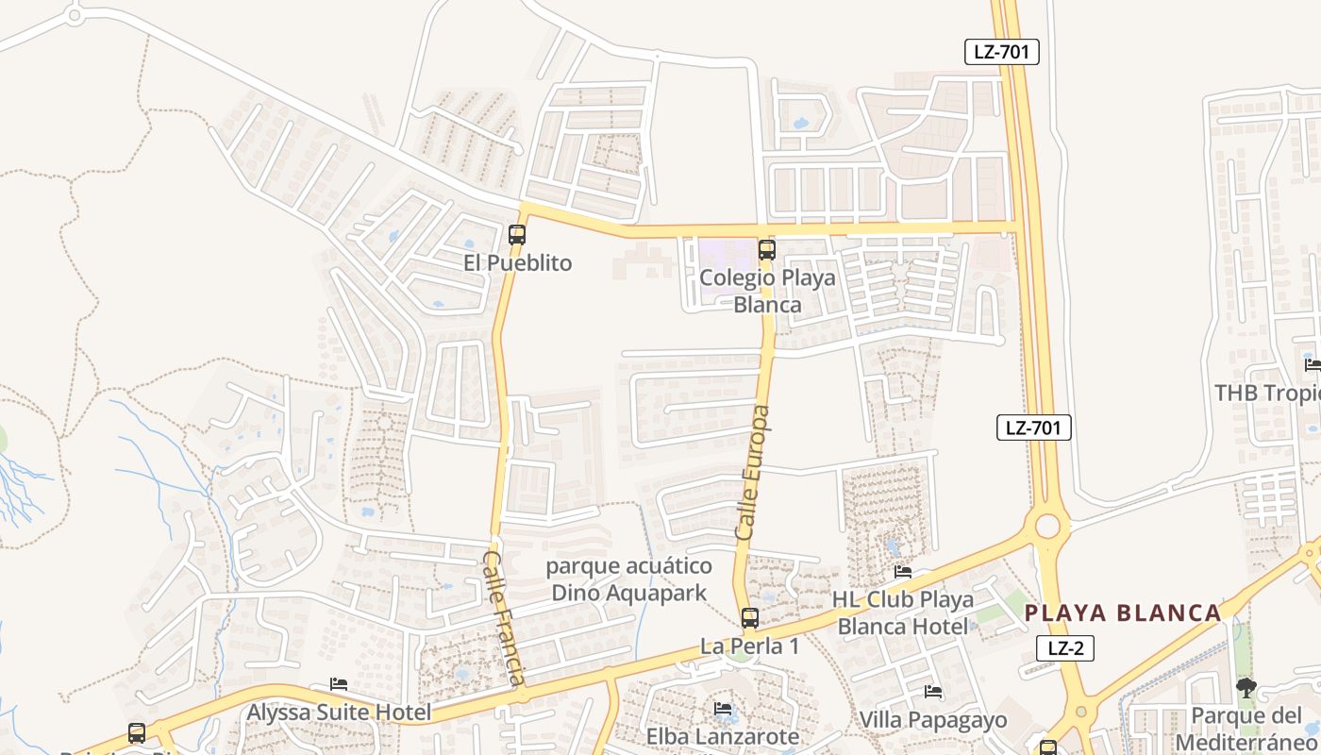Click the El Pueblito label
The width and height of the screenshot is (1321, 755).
click(x=517, y=262)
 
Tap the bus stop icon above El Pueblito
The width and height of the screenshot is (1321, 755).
click(x=517, y=235)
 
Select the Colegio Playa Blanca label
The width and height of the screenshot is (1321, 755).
click(x=767, y=291)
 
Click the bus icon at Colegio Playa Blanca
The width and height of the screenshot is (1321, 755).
click(x=767, y=250)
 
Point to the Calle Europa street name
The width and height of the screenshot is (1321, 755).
click(x=753, y=473)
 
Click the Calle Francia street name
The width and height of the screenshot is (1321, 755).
click(x=504, y=617)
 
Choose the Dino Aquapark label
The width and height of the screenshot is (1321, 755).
click(x=629, y=579)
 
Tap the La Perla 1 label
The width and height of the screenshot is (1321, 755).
click(x=749, y=646)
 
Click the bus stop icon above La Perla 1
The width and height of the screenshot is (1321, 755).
click(x=750, y=618)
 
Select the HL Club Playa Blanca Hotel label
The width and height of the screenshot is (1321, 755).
click(x=903, y=612)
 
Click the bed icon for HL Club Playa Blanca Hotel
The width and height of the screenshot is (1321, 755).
click(x=903, y=571)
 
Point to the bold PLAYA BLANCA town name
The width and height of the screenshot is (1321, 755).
click(x=1123, y=612)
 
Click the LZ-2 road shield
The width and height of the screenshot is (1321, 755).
click(x=1064, y=648)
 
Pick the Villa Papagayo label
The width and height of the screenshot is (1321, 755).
click(x=932, y=719)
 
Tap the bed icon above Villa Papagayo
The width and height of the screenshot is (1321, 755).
click(x=933, y=692)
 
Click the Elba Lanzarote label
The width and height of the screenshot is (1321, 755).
click(x=723, y=736)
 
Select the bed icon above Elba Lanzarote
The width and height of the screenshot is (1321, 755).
click(x=723, y=708)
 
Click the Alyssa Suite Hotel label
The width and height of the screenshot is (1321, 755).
click(x=339, y=713)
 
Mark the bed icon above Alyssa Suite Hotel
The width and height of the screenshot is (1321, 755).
click(x=339, y=684)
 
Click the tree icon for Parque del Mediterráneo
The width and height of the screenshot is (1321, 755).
click(x=1246, y=688)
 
